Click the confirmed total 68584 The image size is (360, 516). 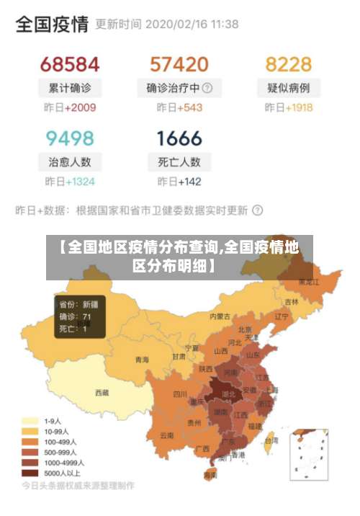69,63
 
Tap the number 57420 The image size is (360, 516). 179,63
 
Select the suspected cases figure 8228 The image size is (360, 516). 288,63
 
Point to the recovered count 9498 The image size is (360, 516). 70,137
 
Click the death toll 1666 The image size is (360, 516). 179,137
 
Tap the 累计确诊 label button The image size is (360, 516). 70,89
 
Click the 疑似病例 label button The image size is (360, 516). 288,89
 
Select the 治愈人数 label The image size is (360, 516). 70,162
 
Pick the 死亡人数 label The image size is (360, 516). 179,162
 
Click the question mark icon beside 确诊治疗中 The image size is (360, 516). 207,89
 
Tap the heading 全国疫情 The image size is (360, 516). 52,25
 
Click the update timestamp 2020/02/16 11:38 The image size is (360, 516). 192,25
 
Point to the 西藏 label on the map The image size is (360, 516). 102,393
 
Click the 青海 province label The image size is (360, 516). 142,360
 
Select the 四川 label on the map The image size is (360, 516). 180,394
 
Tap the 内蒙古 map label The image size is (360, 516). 220,316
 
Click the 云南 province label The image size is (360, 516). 167,435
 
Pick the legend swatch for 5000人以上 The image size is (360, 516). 30,473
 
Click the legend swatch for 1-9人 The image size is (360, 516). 30,420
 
